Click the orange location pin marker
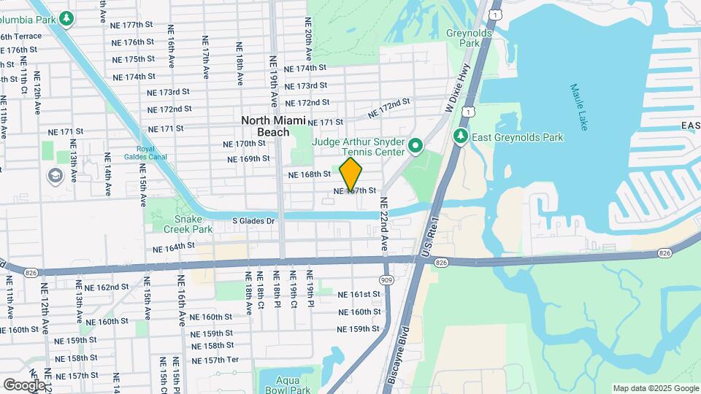click(x=350, y=174)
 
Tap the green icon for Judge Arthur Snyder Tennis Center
click(x=415, y=147)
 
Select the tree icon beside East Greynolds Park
click(x=460, y=136)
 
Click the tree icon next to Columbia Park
click(x=67, y=17)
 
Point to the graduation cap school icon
click(x=55, y=176)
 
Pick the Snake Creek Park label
click(x=193, y=224)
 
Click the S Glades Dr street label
click(x=253, y=220)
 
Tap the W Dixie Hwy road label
click(x=456, y=94)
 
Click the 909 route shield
click(x=386, y=281)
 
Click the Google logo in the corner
click(x=24, y=385)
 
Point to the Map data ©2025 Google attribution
click(x=655, y=388)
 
